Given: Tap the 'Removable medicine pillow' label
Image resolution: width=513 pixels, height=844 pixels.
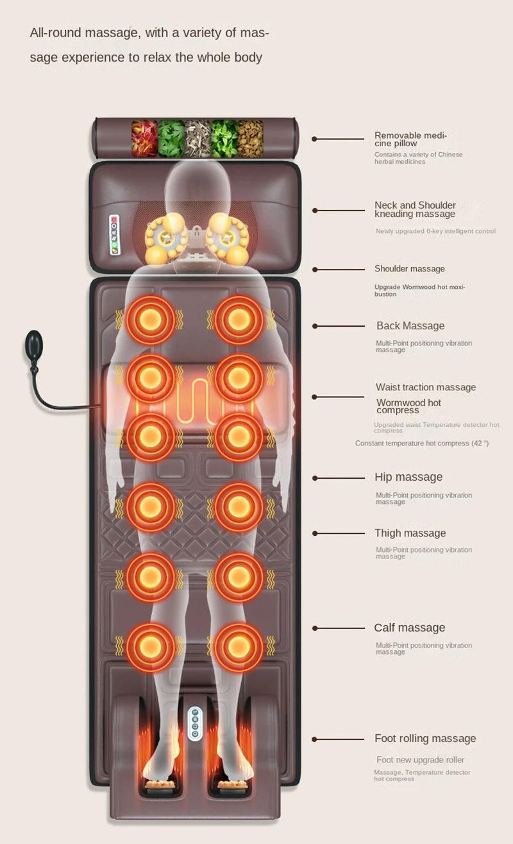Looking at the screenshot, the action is click(410, 139).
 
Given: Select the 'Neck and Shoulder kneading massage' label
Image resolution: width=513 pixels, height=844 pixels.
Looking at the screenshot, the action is click(415, 209).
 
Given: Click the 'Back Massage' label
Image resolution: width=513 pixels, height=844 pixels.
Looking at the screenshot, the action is click(410, 326).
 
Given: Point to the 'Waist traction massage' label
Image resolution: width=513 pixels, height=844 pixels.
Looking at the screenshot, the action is click(426, 387).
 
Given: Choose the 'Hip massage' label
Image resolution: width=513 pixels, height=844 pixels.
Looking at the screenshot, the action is click(408, 477).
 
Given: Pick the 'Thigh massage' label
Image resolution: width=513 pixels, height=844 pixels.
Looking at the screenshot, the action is click(410, 533).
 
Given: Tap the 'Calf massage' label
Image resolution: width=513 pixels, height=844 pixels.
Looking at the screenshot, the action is click(409, 628).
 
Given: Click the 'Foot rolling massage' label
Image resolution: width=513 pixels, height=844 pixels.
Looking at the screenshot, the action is click(425, 739).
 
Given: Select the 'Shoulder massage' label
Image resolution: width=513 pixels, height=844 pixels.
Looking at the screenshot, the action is click(409, 269).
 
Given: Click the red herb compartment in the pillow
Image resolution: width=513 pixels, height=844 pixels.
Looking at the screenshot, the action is click(144, 138).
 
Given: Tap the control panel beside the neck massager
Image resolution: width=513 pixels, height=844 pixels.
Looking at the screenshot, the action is click(115, 235).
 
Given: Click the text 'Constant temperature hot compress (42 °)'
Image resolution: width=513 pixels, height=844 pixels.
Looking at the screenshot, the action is click(422, 444).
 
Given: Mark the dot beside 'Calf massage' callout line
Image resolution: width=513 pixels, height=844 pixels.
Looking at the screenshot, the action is click(315, 628).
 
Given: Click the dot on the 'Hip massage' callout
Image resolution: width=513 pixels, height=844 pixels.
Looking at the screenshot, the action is click(315, 478).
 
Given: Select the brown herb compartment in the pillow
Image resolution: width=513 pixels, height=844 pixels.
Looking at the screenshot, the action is click(251, 138).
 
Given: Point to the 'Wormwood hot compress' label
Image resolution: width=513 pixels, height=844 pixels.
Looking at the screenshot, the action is click(408, 406).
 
